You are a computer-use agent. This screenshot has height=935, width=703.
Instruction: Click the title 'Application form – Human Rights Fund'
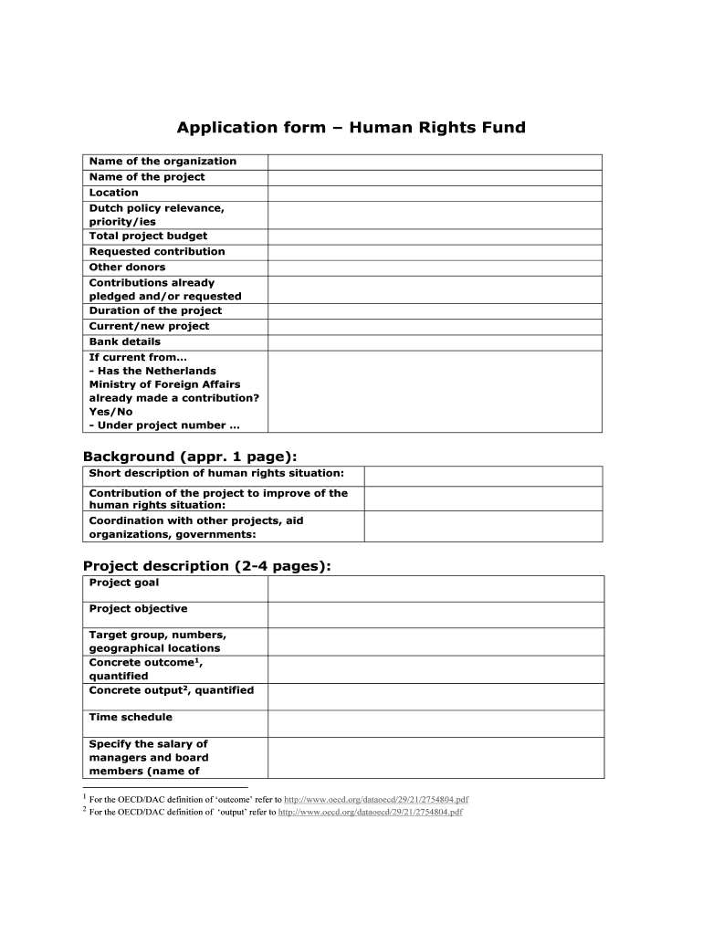tap(351, 128)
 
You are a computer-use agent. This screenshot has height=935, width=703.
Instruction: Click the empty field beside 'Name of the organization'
tap(435, 162)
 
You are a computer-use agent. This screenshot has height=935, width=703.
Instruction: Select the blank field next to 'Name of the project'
tap(435, 177)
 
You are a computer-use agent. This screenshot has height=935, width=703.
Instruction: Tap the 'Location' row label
tap(114, 193)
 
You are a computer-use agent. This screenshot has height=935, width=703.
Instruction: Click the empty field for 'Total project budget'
tap(435, 236)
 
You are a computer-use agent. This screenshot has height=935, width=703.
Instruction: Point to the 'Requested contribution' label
tap(157, 251)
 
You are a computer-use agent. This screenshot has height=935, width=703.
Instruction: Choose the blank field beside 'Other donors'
tap(435, 267)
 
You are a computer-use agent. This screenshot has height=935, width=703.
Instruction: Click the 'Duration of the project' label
tap(155, 310)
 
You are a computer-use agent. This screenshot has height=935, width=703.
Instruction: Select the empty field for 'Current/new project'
tap(435, 326)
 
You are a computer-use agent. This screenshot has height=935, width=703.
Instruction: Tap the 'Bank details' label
tap(125, 341)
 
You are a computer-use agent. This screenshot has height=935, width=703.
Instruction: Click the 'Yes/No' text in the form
tap(110, 412)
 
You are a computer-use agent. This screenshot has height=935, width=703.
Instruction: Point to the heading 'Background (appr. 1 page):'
tap(190, 457)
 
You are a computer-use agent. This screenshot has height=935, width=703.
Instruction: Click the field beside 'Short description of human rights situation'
tap(483, 476)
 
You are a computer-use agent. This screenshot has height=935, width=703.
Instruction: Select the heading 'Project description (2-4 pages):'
tap(207, 566)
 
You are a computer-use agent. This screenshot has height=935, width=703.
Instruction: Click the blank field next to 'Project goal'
tap(435, 588)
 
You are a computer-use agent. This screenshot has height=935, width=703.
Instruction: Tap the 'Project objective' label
tap(138, 609)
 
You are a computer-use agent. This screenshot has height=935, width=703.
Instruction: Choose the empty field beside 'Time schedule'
tap(435, 723)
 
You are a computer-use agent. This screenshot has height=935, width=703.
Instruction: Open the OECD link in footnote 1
tap(376, 799)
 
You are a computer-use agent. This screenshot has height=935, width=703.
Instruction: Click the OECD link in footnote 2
tap(371, 811)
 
